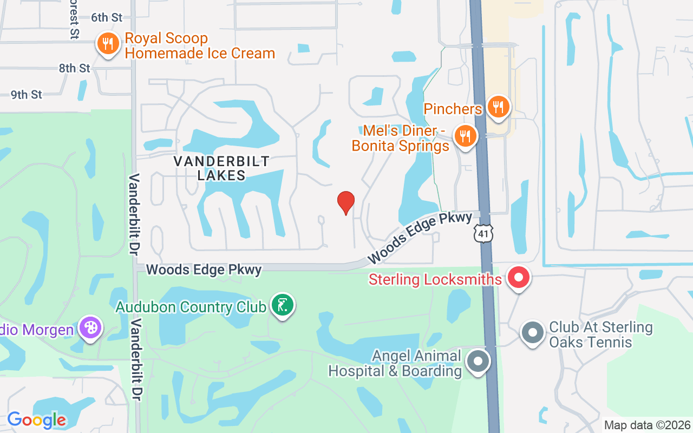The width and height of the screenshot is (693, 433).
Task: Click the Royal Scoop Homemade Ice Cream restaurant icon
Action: [108, 43]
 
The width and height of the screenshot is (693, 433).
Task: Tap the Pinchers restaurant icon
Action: [497, 107]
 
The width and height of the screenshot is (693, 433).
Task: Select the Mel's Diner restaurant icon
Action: [465, 135]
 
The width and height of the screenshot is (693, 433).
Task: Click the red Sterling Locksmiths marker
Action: [519, 278]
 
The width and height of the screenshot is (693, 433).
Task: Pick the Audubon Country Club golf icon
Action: [282, 305]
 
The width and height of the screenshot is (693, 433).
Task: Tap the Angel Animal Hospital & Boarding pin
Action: [478, 361]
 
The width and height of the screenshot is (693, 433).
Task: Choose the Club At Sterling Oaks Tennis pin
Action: [532, 333]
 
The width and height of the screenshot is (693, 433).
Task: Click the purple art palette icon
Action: [90, 327]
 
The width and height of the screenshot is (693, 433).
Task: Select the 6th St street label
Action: [107, 17]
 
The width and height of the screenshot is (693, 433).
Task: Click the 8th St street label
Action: [75, 68]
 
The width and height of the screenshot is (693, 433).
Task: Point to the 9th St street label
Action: [27, 95]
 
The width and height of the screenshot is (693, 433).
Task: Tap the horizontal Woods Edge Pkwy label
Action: [204, 269]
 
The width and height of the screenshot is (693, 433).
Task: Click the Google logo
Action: [37, 420]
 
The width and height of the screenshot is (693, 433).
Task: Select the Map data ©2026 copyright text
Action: [648, 425]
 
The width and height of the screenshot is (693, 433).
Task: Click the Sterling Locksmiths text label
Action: [435, 279]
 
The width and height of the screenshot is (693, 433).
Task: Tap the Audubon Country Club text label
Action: [191, 307]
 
